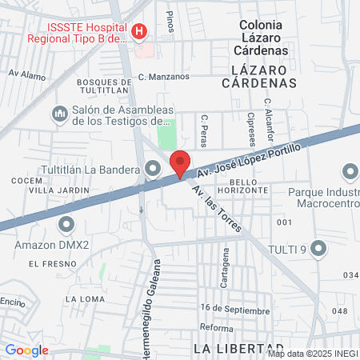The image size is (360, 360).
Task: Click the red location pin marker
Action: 181,162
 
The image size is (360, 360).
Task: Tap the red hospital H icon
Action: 140,31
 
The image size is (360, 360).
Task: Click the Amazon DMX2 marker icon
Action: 67,223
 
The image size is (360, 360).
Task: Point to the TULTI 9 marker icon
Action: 319,249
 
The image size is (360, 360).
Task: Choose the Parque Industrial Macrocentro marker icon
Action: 350,172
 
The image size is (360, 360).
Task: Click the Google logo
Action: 26,350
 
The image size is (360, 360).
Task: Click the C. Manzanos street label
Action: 163,77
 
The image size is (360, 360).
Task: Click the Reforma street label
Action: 216,327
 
